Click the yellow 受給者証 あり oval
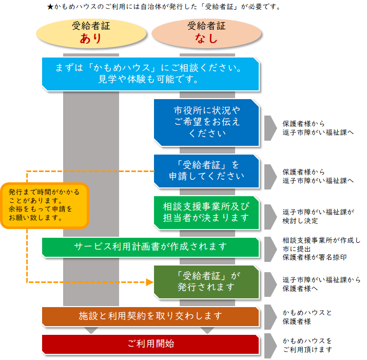coord(91,32)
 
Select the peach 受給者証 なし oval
coord(206,32)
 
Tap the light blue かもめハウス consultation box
coord(149,74)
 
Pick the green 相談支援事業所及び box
coord(206,212)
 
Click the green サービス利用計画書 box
coord(150,247)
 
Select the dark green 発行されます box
coord(206,281)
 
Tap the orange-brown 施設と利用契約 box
coord(150,316)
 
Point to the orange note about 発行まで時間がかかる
coord(45,205)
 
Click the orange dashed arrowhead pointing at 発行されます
coord(150,282)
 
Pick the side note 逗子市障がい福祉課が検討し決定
coord(318,216)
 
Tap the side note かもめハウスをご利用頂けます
coord(308,345)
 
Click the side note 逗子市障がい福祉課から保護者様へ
coord(321,285)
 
